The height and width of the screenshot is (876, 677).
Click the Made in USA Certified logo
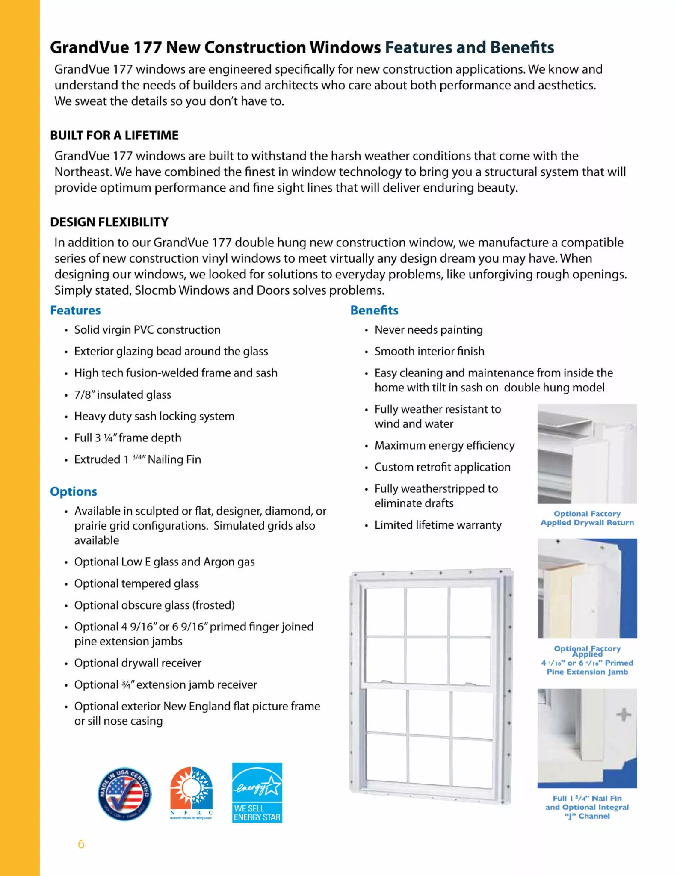pos(124,794)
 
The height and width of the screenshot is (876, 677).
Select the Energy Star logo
pos(257,792)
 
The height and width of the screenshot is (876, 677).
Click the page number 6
pos(81,844)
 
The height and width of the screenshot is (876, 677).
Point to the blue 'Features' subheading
pos(75,310)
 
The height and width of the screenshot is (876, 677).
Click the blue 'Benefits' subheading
pos(374,310)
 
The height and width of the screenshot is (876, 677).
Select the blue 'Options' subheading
pos(74,491)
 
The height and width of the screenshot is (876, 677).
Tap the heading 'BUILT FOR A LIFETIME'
pos(114,135)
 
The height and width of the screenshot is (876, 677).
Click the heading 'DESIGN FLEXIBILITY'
pos(109,222)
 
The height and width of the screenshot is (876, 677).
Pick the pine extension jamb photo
pos(587,588)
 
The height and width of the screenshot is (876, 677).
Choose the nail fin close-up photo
pos(587,738)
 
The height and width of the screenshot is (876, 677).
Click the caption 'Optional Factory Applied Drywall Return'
pos(587,518)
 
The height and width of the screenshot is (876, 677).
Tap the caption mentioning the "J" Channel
pos(587,807)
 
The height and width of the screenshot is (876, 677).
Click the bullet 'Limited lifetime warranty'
pos(438,525)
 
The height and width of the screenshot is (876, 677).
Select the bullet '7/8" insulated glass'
pos(123,394)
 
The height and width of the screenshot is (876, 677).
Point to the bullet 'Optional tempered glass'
pos(136,583)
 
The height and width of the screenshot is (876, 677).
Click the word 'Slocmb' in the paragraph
pos(155,290)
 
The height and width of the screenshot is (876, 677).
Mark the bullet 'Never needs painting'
pos(429,330)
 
